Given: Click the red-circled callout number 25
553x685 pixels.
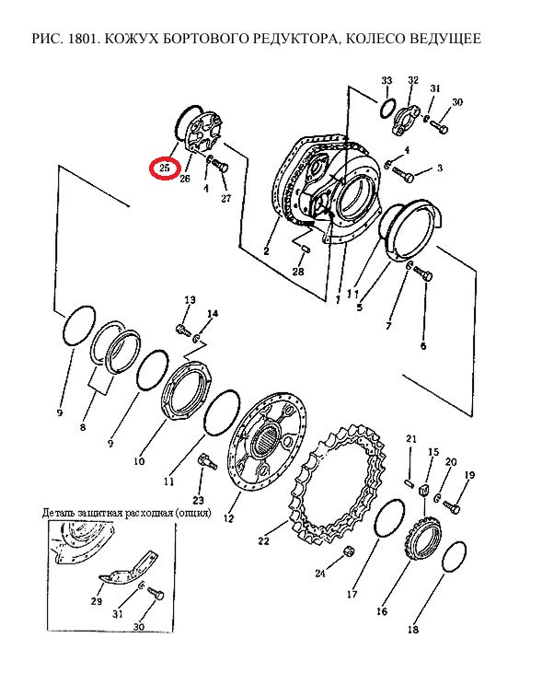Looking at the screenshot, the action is click(x=164, y=168).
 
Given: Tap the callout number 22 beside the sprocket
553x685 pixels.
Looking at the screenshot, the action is click(x=263, y=540).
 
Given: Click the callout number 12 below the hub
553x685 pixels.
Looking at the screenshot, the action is click(x=228, y=518).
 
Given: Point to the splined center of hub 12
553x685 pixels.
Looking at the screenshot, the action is click(x=266, y=440).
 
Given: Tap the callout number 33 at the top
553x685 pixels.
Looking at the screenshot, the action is click(x=386, y=80).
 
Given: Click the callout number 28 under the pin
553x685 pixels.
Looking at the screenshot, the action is click(x=298, y=272).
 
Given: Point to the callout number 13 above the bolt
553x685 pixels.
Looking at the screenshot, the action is click(x=190, y=300).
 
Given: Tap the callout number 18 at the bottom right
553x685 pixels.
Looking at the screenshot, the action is click(x=413, y=630).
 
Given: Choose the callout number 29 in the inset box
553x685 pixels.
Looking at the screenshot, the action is click(x=97, y=601).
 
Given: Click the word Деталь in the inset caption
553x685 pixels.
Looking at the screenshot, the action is click(x=58, y=513).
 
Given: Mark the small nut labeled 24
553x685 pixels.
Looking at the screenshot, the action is click(x=349, y=551).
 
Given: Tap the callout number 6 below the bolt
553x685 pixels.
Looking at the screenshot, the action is click(x=423, y=346).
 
